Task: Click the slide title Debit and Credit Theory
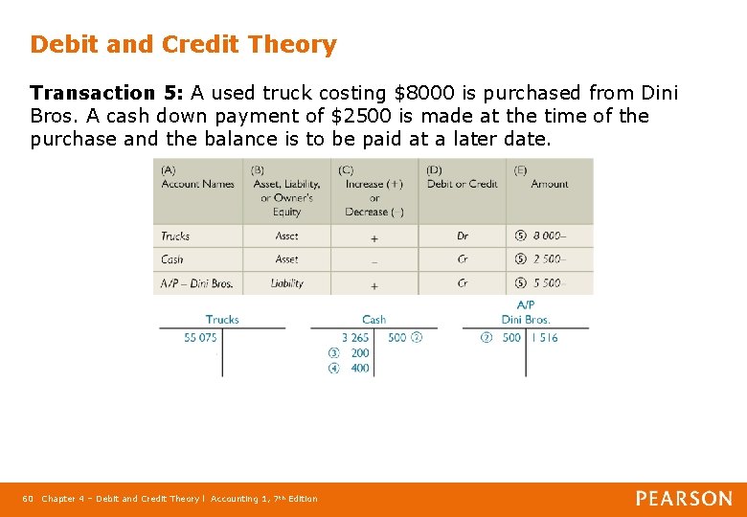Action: click(183, 44)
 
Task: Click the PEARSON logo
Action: click(684, 498)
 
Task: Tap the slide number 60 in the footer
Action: click(28, 499)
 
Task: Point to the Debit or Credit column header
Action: click(462, 177)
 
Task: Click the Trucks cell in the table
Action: click(175, 236)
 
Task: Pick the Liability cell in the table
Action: click(286, 283)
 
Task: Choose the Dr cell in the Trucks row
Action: click(463, 236)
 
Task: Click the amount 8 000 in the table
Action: click(550, 236)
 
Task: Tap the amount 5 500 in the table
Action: click(550, 283)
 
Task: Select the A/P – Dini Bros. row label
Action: click(196, 283)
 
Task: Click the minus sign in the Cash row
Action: click(373, 260)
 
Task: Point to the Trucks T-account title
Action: click(222, 320)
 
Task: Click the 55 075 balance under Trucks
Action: click(200, 338)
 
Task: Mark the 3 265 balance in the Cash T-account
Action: click(354, 338)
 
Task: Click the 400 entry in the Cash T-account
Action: click(360, 369)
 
